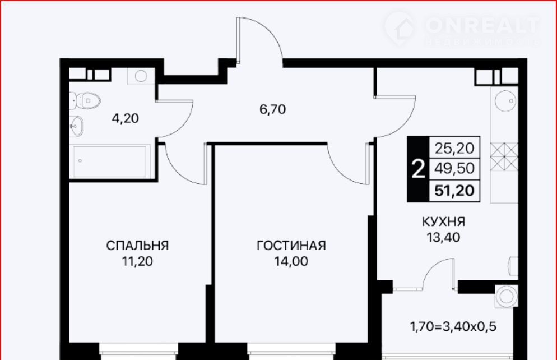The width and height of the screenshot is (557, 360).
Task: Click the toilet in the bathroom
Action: pos(85,100)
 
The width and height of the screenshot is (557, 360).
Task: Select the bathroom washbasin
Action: pos(76,126)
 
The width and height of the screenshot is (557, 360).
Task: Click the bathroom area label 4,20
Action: pos(126,118)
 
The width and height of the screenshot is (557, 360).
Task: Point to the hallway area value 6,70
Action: pos(272,109)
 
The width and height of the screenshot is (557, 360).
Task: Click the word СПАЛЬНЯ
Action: pos(137,245)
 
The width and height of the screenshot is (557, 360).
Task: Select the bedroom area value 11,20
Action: pos(137,261)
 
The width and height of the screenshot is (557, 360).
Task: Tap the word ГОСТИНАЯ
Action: pos(291,245)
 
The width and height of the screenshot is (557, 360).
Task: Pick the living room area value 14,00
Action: pos(291,261)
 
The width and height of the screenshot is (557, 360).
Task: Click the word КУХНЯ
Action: pos(443,221)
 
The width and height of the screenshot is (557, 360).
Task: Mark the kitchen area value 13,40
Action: pos(443,237)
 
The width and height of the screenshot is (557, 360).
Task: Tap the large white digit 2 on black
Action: pos(418,169)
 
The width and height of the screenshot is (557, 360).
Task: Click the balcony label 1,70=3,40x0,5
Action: pos(453,326)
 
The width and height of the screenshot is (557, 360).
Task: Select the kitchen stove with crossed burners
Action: pos(504,156)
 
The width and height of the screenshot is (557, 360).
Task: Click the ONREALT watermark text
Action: pos(482,25)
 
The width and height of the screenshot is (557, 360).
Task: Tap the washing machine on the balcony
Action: pos(506,296)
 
